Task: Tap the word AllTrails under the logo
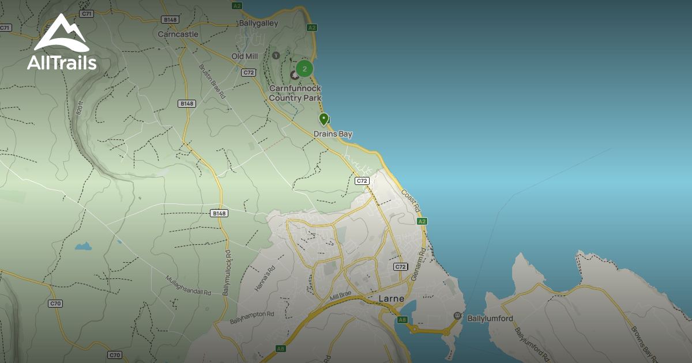pos(62,62)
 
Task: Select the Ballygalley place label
pos(258,24)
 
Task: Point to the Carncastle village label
pos(178,34)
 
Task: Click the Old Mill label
pos(245,56)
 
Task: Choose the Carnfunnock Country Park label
pos(295,93)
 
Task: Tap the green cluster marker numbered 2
pos(304,69)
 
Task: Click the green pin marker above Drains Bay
pos(324,119)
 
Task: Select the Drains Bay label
pos(333,134)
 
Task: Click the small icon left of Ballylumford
pos(457,316)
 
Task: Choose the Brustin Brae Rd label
pos(212,80)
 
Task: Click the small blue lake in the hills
pos(83,247)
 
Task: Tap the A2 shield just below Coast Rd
pos(422,221)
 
